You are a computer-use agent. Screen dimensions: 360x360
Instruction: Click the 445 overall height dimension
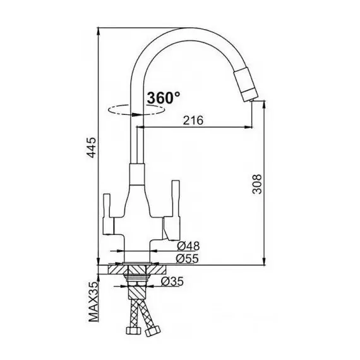pos(92,147)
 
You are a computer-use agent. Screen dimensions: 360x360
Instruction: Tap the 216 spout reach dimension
pos(193,120)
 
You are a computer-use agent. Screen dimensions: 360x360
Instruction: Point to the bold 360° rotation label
pos(164,97)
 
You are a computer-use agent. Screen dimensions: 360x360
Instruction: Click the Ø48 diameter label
pos(188,246)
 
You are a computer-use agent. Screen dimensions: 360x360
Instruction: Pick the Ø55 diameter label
pos(187,259)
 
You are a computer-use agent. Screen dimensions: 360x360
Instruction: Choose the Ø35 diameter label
pos(172,282)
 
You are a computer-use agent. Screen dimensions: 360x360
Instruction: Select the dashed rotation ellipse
pos(136,110)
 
